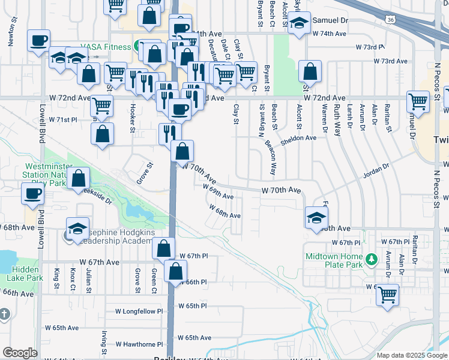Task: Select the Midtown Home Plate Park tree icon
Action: (372, 259)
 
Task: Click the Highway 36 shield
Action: (391, 20)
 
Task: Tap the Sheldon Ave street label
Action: (302, 137)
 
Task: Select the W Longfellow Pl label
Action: (143, 311)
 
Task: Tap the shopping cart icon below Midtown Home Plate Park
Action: (388, 294)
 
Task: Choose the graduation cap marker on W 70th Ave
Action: (316, 217)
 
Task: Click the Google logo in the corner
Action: (20, 353)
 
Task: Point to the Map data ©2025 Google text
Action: (411, 355)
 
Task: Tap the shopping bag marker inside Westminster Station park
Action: (78, 178)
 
